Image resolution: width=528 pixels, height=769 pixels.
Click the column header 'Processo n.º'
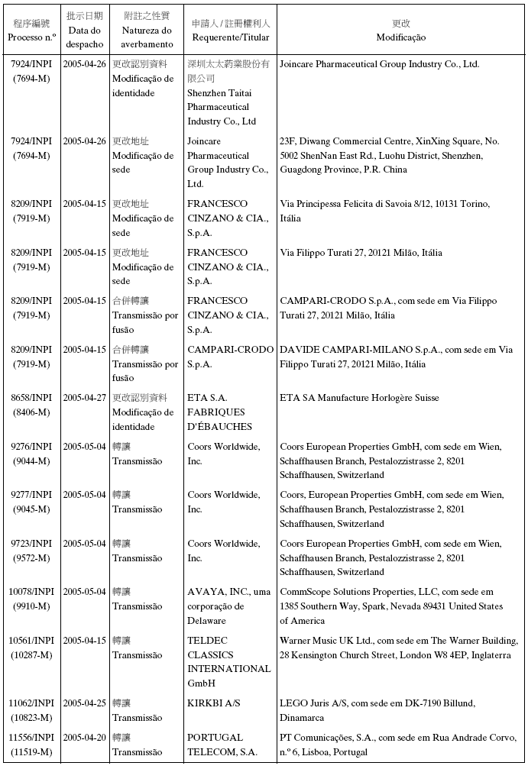click(31, 37)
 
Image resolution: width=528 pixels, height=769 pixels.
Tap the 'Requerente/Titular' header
click(230, 37)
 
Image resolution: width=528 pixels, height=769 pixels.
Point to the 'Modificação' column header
click(400, 37)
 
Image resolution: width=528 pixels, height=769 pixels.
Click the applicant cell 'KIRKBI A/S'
click(214, 703)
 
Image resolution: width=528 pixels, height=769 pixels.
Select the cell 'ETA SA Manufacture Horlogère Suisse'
click(358, 398)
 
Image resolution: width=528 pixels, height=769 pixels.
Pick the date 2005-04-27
click(84, 398)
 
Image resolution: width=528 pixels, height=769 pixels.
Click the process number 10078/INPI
click(31, 592)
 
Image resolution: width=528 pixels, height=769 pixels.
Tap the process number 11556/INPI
click(31, 738)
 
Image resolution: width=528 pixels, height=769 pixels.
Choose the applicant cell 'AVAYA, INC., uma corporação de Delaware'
click(228, 606)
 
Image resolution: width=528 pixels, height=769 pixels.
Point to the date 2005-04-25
click(84, 703)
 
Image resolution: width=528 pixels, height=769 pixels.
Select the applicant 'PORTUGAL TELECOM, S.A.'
click(222, 745)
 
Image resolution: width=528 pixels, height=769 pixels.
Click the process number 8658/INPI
click(31, 398)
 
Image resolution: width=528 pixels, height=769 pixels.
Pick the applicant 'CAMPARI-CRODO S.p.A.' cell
click(230, 357)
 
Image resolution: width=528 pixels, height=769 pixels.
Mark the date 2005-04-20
click(84, 738)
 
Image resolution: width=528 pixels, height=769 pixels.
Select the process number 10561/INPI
click(31, 641)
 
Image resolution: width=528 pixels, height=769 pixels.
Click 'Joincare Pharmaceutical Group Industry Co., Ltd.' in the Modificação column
click(379, 65)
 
